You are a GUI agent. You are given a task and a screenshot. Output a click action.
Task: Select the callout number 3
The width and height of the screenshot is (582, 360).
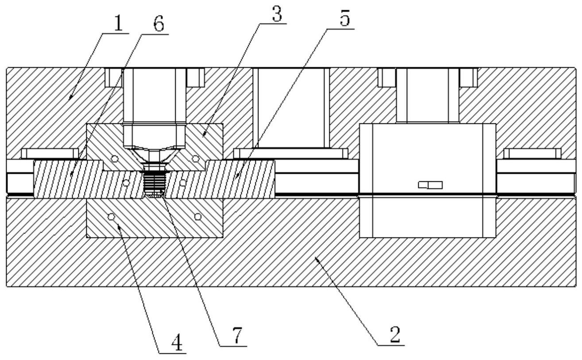click(278, 16)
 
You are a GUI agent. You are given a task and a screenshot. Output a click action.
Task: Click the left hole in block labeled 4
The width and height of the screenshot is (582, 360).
click(112, 217)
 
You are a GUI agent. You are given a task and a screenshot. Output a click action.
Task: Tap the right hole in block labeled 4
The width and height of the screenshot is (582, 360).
click(197, 217)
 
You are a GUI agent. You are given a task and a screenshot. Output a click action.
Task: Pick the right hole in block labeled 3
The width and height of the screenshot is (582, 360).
click(195, 158)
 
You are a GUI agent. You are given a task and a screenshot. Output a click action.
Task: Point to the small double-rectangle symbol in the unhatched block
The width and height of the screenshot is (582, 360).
click(430, 185)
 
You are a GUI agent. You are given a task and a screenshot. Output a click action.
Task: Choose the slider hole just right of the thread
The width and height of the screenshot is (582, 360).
click(182, 182)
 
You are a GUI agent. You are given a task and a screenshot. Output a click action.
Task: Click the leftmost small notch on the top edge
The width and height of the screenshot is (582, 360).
click(113, 77)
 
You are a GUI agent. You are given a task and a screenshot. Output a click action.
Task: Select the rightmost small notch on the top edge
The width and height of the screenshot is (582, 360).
click(468, 77)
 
